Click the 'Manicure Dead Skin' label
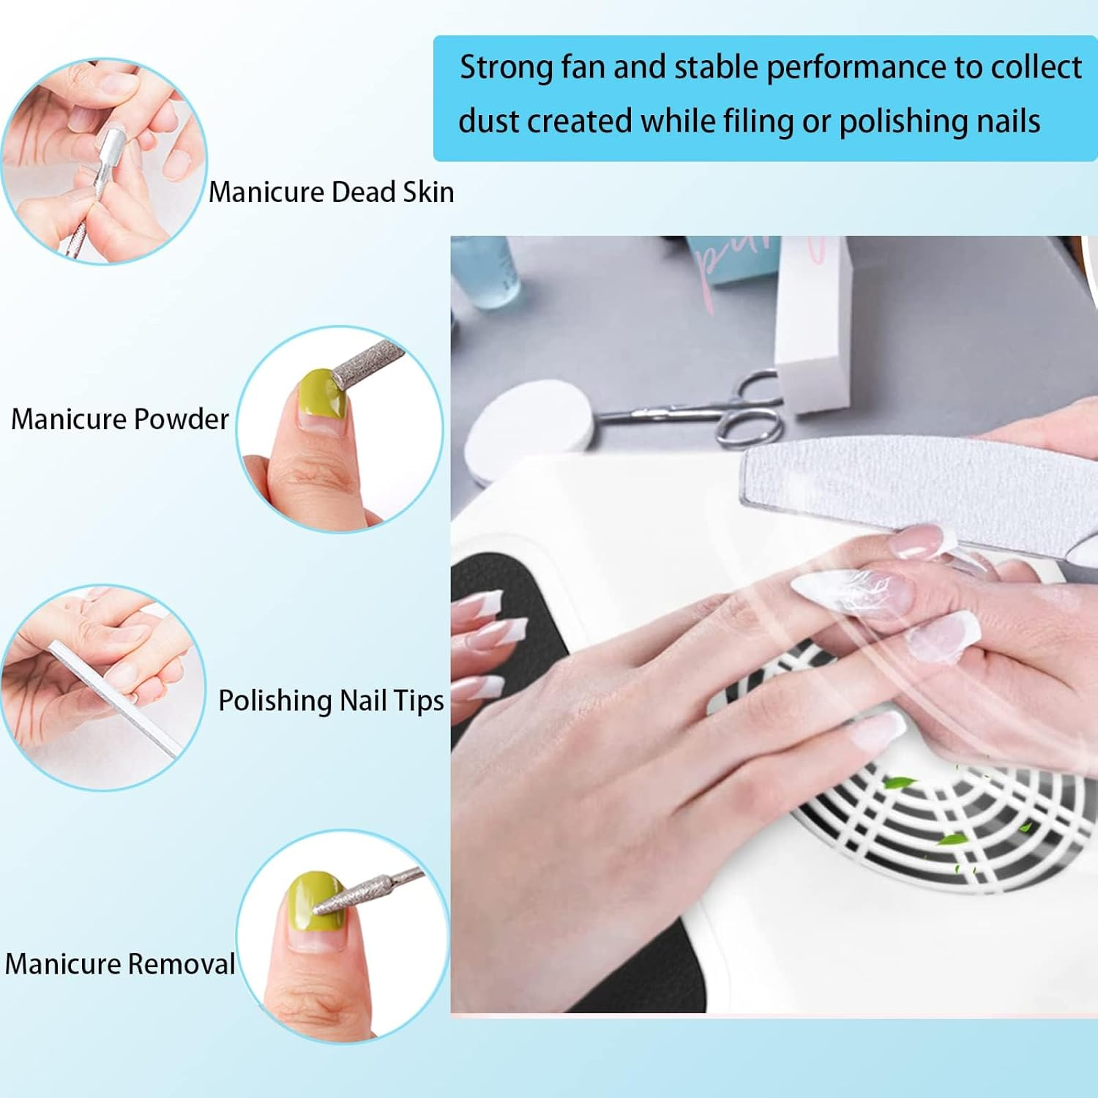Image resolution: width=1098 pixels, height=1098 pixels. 331,193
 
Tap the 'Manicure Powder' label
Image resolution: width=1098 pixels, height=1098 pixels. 120,419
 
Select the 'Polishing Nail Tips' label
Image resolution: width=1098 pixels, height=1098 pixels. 331,701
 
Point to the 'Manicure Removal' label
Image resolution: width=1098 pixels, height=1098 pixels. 120,964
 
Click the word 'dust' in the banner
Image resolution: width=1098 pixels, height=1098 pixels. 488,122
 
